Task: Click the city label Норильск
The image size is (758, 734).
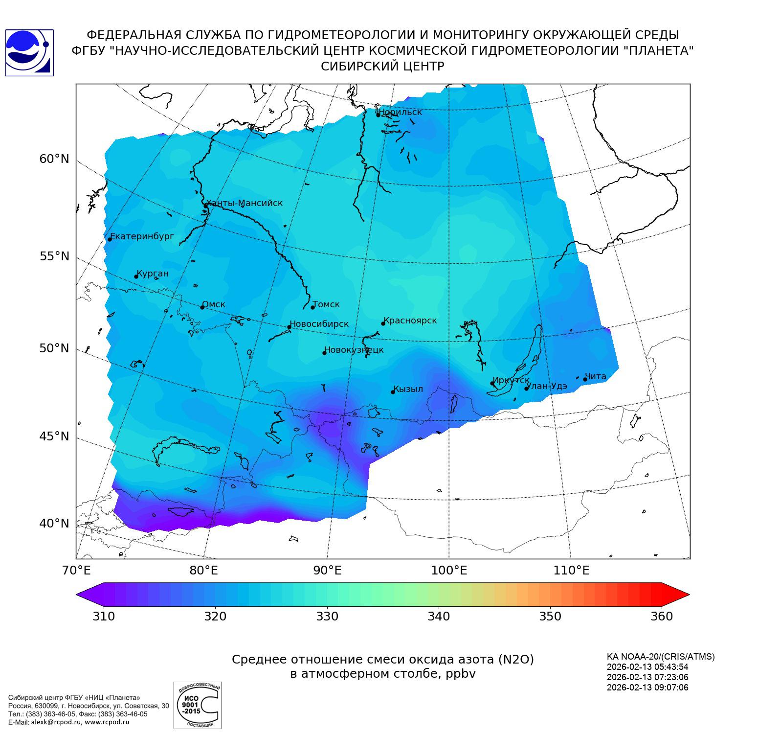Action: tap(400, 112)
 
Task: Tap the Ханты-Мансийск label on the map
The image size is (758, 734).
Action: tap(244, 203)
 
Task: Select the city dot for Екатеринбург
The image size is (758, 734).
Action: tap(110, 239)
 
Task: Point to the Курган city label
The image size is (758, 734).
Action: tap(152, 274)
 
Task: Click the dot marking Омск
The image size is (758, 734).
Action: tap(202, 307)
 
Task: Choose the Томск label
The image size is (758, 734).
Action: tap(326, 304)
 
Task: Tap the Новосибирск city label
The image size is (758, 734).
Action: tap(319, 324)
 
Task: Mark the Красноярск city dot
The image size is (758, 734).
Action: tap(383, 323)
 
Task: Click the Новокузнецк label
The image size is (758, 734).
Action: tap(354, 350)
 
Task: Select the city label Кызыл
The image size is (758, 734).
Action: tap(408, 389)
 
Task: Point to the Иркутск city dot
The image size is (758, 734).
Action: tap(492, 384)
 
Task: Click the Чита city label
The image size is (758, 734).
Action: tap(595, 376)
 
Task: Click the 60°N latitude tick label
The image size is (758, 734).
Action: tap(54, 159)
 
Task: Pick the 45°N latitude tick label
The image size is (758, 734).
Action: tap(54, 436)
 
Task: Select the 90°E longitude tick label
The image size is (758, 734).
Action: tap(327, 571)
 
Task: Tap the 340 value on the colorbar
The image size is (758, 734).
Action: tap(439, 616)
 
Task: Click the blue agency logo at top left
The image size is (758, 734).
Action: tap(29, 53)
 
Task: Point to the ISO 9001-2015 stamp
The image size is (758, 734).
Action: tap(198, 705)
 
